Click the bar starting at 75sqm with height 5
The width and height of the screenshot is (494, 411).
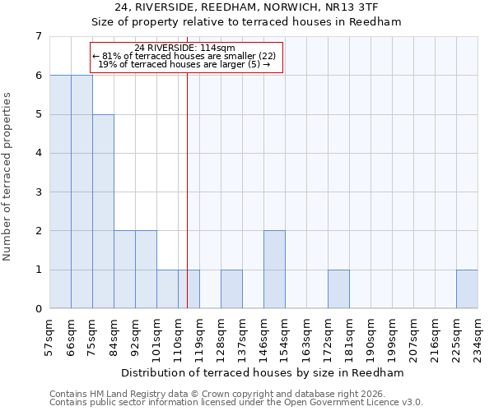pyautogui.click(x=103, y=211)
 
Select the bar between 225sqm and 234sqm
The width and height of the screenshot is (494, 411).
pyautogui.click(x=467, y=289)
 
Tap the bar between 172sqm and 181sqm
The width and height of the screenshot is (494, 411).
pyautogui.click(x=338, y=289)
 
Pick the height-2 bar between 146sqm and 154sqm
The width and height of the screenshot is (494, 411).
pyautogui.click(x=274, y=270)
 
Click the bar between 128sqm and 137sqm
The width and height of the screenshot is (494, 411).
pyautogui.click(x=231, y=289)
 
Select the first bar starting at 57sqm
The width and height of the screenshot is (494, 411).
pyautogui.click(x=60, y=192)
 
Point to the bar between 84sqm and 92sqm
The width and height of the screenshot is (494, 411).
pyautogui.click(x=124, y=270)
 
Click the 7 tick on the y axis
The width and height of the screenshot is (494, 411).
pyautogui.click(x=38, y=36)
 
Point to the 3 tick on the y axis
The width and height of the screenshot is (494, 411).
pyautogui.click(x=38, y=192)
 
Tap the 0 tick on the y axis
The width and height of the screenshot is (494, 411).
pyautogui.click(x=38, y=309)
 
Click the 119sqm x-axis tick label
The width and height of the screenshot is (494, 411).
pyautogui.click(x=200, y=335)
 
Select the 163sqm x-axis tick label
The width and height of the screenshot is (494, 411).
pyautogui.click(x=307, y=335)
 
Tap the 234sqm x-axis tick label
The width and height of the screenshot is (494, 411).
pyautogui.click(x=478, y=335)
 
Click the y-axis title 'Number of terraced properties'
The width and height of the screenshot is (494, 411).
pyautogui.click(x=8, y=176)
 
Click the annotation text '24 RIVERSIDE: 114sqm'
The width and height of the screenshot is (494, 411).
pyautogui.click(x=185, y=48)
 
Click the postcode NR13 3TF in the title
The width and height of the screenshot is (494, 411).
pyautogui.click(x=355, y=7)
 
